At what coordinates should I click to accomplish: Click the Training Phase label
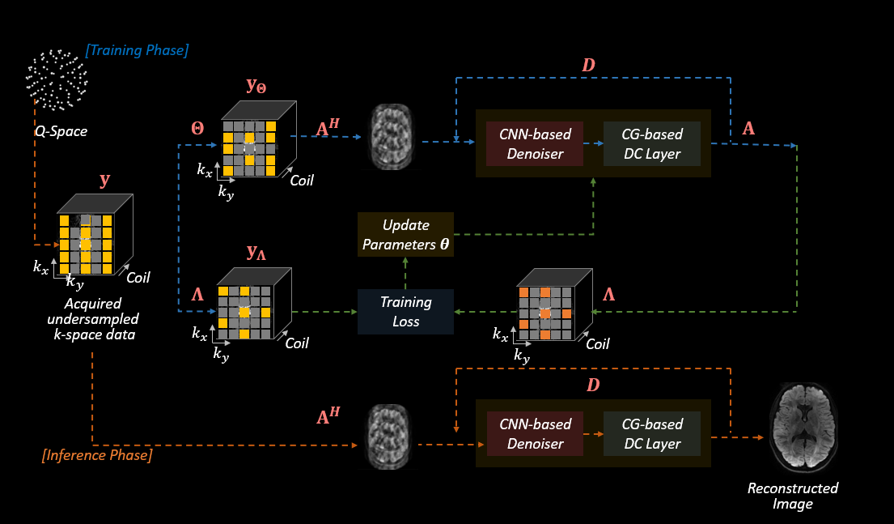point(138,50)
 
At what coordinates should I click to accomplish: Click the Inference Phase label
point(96,455)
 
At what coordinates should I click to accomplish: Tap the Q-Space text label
point(55,130)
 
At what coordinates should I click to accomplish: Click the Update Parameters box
point(406,235)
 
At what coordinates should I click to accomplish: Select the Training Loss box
point(406,312)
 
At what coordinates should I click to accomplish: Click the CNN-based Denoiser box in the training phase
point(535,144)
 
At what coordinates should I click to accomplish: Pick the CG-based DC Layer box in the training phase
point(651,144)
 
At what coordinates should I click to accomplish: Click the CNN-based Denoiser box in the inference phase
point(535,433)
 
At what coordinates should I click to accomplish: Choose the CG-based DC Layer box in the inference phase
point(651,433)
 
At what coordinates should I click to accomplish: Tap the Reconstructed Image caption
point(793,496)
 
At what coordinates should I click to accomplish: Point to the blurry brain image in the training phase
point(390,137)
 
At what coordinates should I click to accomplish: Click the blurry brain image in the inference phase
point(390,437)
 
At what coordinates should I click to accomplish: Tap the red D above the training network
point(588,65)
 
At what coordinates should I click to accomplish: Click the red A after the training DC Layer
point(749,130)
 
